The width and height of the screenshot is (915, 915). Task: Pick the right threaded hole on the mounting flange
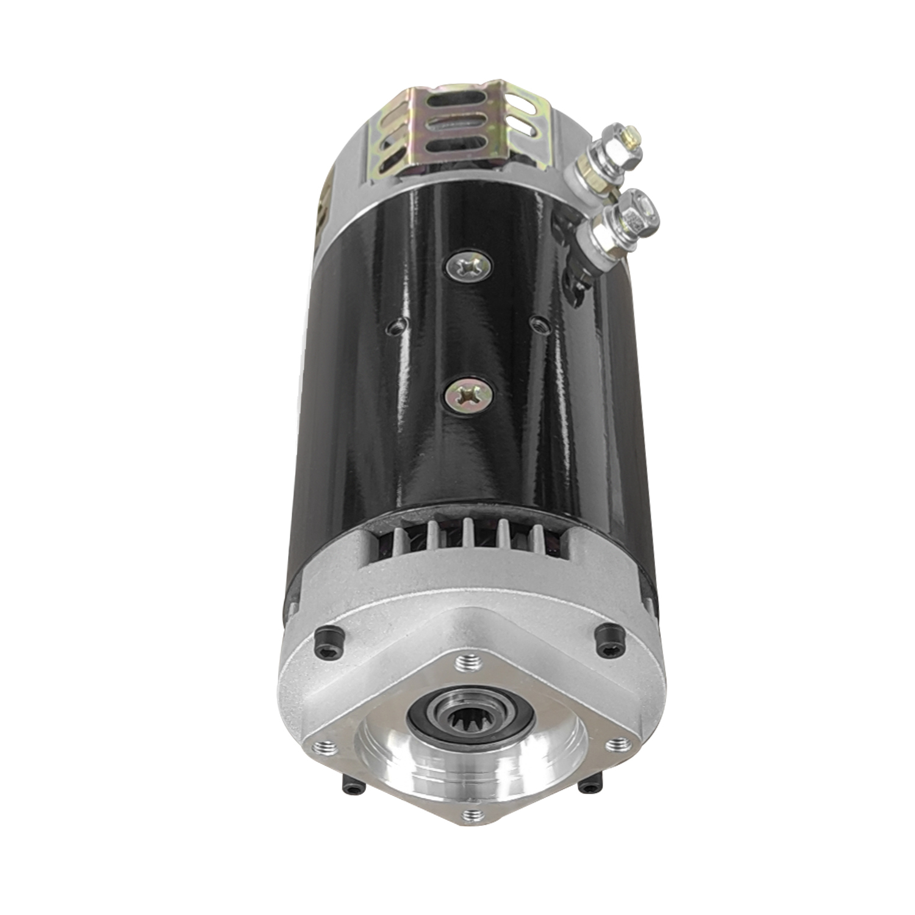pyautogui.click(x=617, y=744)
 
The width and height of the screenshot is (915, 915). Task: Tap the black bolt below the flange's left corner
pyautogui.click(x=353, y=788)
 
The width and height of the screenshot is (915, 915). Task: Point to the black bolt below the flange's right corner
pyautogui.click(x=589, y=788)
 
